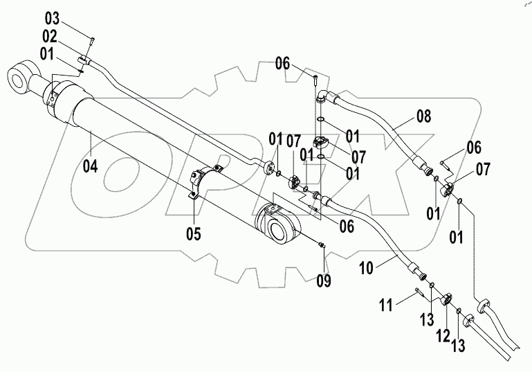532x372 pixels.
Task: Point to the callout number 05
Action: coord(193,234)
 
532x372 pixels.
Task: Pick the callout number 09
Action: coord(323,281)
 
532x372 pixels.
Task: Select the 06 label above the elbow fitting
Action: coord(282,64)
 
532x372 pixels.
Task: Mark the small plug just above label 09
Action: coord(321,244)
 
